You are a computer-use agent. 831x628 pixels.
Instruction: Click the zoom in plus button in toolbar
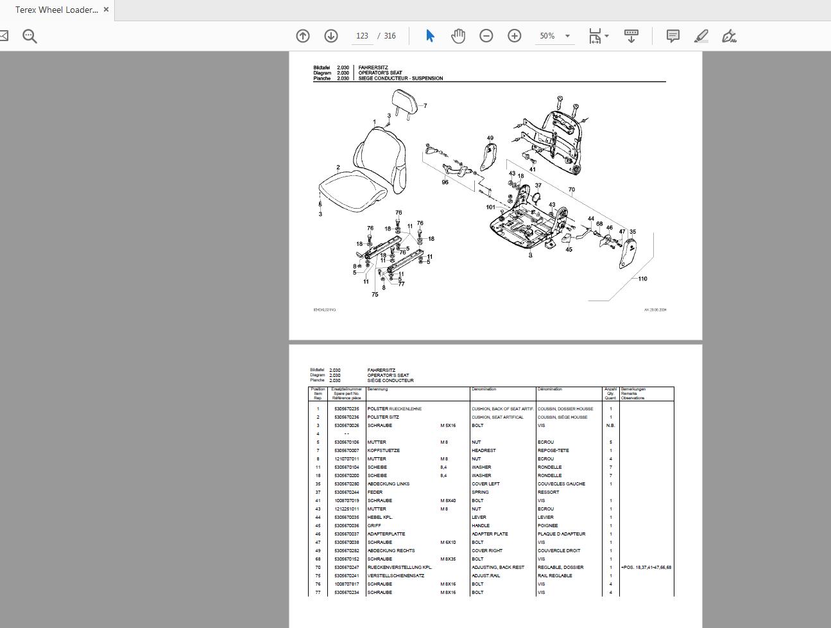tap(515, 36)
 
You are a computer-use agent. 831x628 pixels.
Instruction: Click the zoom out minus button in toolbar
tap(486, 36)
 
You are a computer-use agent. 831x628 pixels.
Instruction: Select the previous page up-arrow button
tap(303, 36)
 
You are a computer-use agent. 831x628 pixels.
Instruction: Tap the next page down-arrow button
tap(331, 36)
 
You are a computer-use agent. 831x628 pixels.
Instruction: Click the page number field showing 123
tap(362, 36)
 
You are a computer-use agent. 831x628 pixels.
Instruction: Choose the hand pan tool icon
tap(458, 36)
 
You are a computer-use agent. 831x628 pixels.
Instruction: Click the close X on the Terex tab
tap(107, 10)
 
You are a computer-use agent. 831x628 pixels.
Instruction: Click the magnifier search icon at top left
tap(30, 36)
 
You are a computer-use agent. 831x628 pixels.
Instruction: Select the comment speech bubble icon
tap(673, 36)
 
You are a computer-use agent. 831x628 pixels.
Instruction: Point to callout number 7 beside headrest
tap(425, 106)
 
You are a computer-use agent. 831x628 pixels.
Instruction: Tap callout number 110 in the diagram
tap(642, 279)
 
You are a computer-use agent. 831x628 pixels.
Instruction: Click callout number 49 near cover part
tap(490, 138)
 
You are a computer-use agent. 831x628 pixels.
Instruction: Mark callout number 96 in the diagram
tap(445, 182)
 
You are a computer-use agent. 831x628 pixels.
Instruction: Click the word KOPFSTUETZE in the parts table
tap(384, 451)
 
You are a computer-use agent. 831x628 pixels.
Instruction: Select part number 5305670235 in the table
tap(347, 409)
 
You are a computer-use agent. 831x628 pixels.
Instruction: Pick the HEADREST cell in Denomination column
tap(481, 451)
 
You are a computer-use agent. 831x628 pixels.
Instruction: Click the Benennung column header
tap(378, 389)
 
